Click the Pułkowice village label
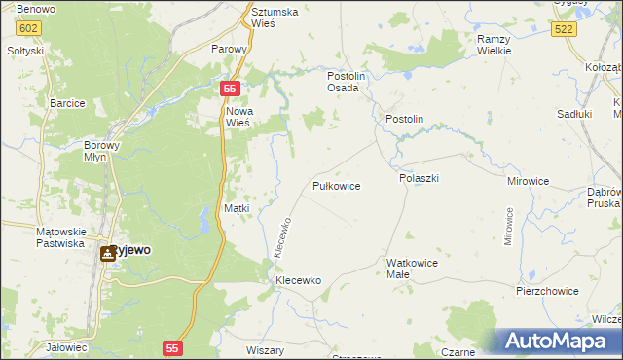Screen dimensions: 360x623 pyautogui.click(x=337, y=185)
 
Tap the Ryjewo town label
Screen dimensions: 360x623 pyautogui.click(x=130, y=250)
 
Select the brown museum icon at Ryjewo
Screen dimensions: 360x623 pyautogui.click(x=106, y=253)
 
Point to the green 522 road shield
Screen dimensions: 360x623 pyautogui.click(x=563, y=30)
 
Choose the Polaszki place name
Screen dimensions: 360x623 pyautogui.click(x=420, y=179)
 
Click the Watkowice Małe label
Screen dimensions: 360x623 pyautogui.click(x=412, y=269)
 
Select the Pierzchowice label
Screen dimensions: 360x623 pyautogui.click(x=547, y=291)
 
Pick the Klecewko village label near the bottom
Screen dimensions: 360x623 pyautogui.click(x=298, y=280)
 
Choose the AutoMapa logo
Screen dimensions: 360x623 pyautogui.click(x=562, y=342)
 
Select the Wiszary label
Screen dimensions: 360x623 pyautogui.click(x=265, y=349)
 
